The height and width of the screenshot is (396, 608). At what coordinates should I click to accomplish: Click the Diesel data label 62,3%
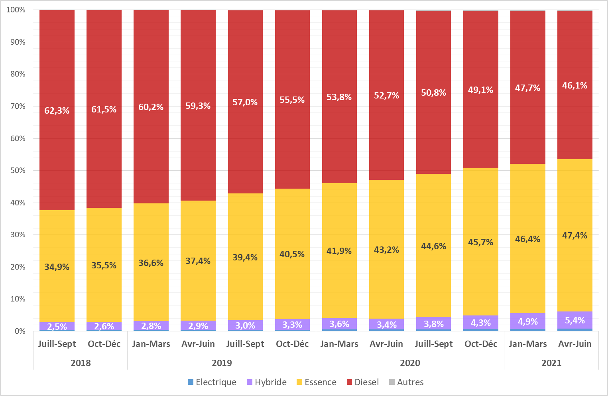(x=57, y=110)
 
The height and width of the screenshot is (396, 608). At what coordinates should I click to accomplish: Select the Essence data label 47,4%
(x=575, y=235)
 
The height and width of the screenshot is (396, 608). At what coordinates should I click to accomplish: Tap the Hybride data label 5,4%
(x=575, y=320)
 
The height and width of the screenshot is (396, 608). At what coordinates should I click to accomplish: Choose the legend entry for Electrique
(x=212, y=382)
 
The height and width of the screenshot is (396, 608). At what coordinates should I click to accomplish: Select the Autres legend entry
(x=406, y=382)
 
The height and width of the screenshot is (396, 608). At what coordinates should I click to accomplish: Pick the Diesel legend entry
(x=362, y=382)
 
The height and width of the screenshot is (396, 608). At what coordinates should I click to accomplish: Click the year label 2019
(x=222, y=363)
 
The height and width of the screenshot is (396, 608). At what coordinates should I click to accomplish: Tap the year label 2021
(x=551, y=363)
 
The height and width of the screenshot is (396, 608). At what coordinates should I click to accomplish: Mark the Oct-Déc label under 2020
(x=481, y=344)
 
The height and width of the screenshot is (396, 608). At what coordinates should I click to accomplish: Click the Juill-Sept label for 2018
(x=57, y=344)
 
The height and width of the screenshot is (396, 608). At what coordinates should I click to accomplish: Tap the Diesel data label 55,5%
(x=292, y=100)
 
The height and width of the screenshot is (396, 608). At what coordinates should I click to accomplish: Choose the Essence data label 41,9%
(x=339, y=251)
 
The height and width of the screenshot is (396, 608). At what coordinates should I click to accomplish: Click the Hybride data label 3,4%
(x=386, y=325)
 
